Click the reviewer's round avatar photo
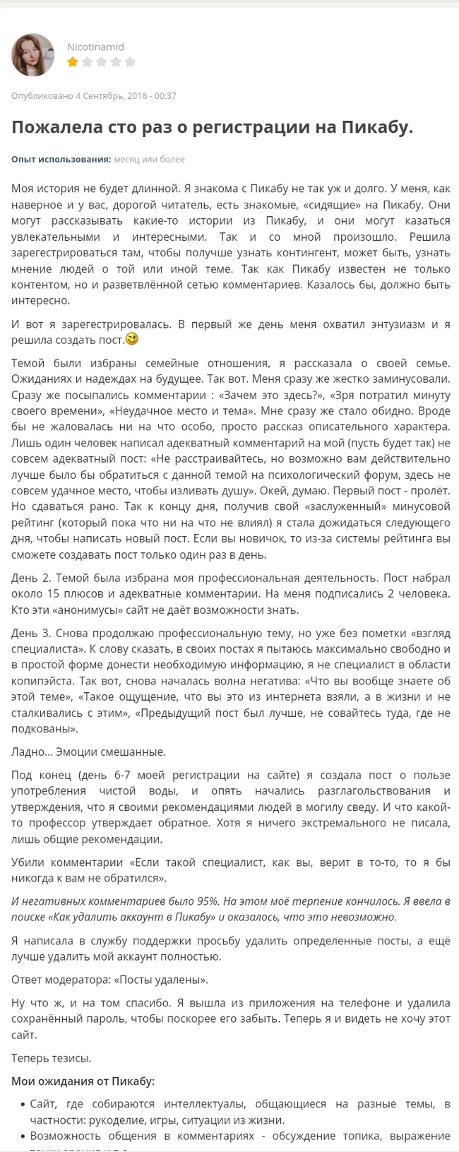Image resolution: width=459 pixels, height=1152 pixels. pyautogui.click(x=32, y=54)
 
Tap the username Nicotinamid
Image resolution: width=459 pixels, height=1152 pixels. pyautogui.click(x=95, y=47)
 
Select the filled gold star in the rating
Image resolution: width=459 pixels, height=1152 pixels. pyautogui.click(x=72, y=62)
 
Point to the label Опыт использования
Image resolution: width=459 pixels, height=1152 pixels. pyautogui.click(x=61, y=159)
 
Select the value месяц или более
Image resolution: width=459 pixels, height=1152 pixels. pyautogui.click(x=149, y=159)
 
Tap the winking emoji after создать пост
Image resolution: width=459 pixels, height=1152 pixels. pyautogui.click(x=131, y=339)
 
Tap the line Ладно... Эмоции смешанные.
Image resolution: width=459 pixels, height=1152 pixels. pyautogui.click(x=88, y=752)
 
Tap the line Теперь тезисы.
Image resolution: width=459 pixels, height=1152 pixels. pyautogui.click(x=51, y=1058)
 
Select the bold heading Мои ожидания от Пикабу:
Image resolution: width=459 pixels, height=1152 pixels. pyautogui.click(x=83, y=1081)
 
